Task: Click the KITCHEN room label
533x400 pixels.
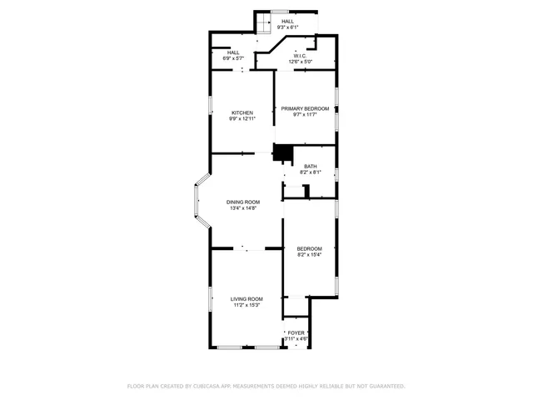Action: tap(242, 112)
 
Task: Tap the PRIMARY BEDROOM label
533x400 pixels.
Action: tap(305, 109)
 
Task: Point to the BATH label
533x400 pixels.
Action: tap(310, 167)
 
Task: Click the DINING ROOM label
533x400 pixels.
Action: tap(243, 202)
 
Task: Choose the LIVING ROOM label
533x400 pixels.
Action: tap(247, 298)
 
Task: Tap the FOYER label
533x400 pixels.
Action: tap(296, 332)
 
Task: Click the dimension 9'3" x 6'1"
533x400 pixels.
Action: tap(286, 27)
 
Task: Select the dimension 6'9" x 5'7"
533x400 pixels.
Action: tap(233, 58)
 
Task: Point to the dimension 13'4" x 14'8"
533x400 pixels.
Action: tap(243, 208)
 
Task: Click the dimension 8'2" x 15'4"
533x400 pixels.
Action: tap(310, 255)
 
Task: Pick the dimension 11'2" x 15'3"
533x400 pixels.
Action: tap(247, 305)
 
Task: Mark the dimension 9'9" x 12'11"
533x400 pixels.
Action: tap(242, 119)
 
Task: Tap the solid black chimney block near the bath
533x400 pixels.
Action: tap(284, 153)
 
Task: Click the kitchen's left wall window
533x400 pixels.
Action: tap(210, 112)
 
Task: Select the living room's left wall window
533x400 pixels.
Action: tap(210, 298)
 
